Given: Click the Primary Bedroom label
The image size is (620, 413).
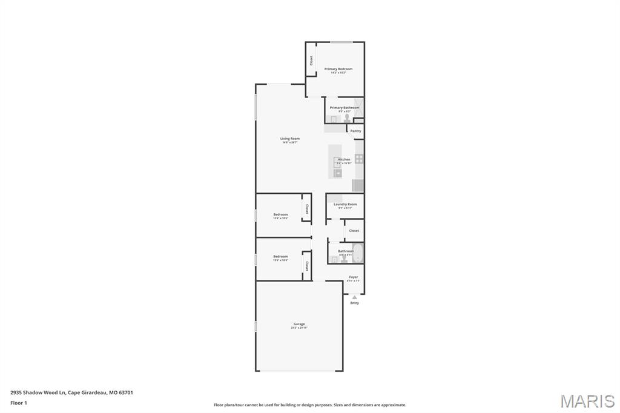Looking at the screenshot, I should coord(338,69).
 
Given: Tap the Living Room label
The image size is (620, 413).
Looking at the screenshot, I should coord(289,139).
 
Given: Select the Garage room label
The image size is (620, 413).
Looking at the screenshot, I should coord(299,324).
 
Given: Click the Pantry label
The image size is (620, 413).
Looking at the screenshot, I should coord(355,131).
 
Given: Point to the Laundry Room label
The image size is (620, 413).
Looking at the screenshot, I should coord(345,205).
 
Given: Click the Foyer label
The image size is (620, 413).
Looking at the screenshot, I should coord(353,277).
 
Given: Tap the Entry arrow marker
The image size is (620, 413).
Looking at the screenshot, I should coord(354,297).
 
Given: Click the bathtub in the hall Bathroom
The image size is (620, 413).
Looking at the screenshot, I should coord(358,253).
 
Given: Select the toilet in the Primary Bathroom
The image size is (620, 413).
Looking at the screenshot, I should coord(347,118).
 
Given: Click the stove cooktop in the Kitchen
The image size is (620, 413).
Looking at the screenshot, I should coord(359,159).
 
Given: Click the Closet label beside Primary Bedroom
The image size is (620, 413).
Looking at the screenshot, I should coord(311,61).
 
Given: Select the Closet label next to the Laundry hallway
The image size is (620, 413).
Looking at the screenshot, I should coord(354,231).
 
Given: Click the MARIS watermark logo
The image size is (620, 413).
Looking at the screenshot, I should coord(587,401).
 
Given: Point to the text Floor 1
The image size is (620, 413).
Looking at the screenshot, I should coord(19,403).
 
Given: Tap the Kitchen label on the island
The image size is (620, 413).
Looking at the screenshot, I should coord(344,160).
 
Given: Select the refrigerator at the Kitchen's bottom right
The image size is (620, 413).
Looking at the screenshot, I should coord(358,185).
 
